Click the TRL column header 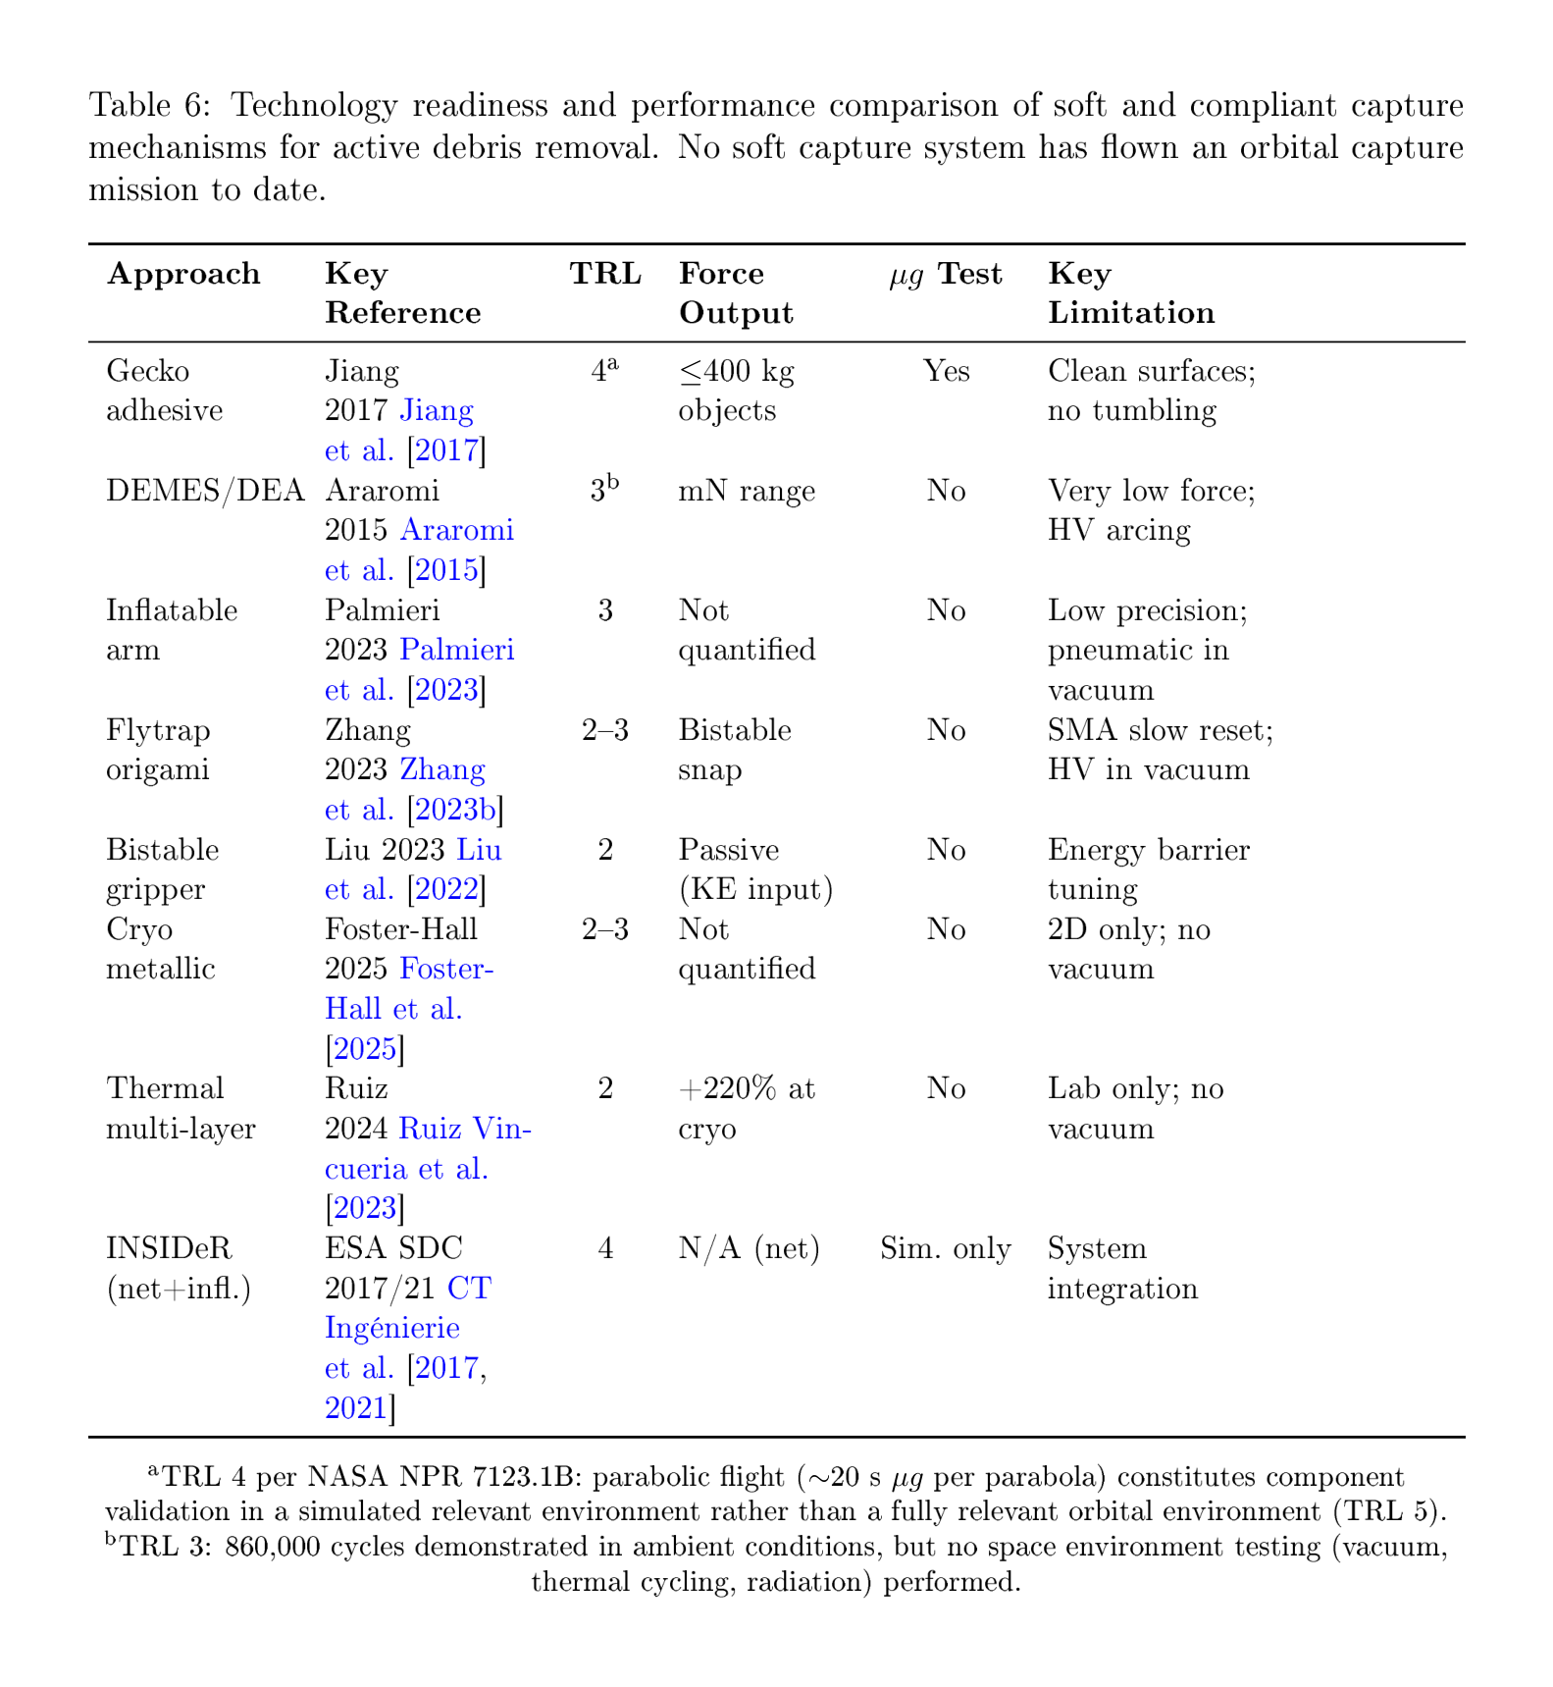[605, 274]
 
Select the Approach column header [183, 274]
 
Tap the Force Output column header [736, 292]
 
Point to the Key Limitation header [1130, 292]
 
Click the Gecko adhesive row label [163, 391]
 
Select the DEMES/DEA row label [205, 491]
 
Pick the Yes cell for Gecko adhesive [946, 372]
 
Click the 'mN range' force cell [747, 491]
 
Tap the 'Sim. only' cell [946, 1248]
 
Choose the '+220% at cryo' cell [746, 1108]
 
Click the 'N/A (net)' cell [749, 1248]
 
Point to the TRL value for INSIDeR [605, 1248]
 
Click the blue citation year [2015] [446, 570]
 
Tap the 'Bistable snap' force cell [735, 749]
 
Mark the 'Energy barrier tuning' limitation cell [1148, 869]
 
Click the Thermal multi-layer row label [181, 1108]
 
